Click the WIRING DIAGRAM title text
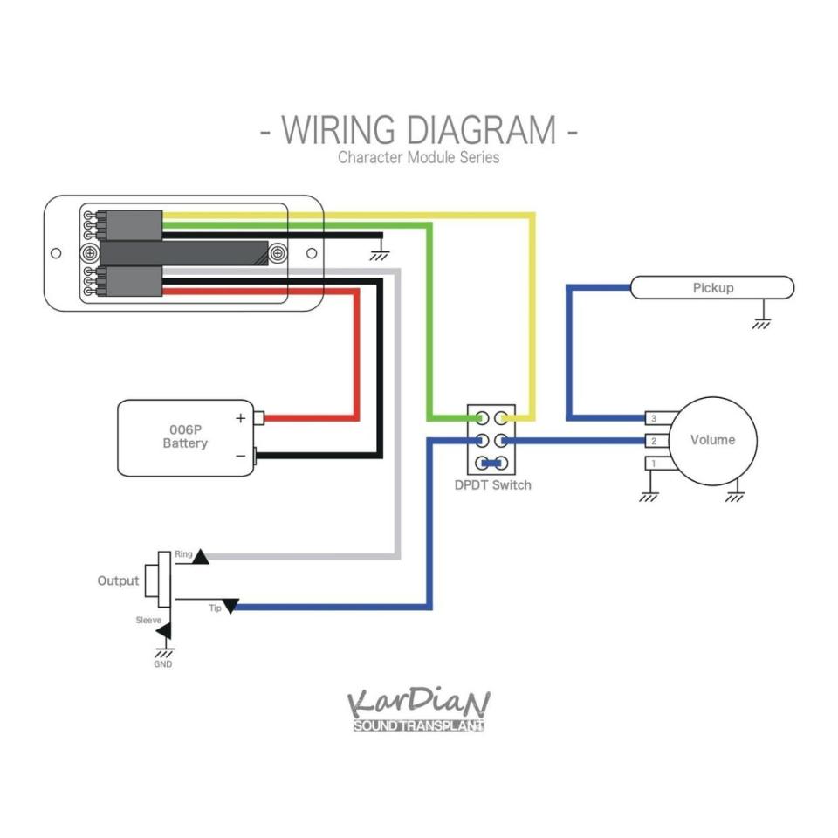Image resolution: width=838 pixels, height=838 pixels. tap(418, 130)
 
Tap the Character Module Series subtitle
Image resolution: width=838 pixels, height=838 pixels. tap(418, 157)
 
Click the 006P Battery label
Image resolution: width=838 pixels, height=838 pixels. tap(185, 436)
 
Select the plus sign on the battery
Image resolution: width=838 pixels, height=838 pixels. tap(241, 418)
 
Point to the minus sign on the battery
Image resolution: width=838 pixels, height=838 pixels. tap(241, 456)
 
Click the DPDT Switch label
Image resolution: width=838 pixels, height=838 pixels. tap(492, 485)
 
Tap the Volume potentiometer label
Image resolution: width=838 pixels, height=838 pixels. tap(712, 440)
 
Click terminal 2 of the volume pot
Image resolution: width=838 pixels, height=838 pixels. tap(657, 441)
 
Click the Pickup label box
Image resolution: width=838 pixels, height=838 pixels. tap(712, 287)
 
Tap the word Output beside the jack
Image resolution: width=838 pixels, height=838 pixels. tap(118, 581)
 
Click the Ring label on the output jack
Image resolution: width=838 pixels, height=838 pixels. tap(183, 554)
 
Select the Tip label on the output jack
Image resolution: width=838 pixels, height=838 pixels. tap(215, 608)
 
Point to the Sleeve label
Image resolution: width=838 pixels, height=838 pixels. tap(148, 620)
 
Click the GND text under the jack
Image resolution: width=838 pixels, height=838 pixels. tap(163, 663)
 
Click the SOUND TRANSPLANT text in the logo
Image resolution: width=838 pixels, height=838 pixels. tap(418, 725)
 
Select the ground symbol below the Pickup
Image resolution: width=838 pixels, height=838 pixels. tap(761, 322)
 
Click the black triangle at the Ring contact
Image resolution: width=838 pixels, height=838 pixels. tap(201, 558)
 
